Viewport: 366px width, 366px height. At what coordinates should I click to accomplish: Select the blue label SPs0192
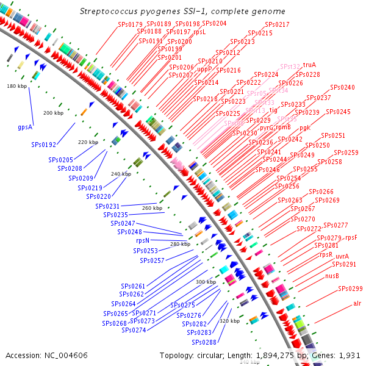point(44,145)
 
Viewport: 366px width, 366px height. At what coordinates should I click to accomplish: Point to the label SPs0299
point(350,289)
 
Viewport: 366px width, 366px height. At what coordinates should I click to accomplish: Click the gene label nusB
point(332,276)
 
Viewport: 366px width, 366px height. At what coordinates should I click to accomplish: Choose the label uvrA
point(342,256)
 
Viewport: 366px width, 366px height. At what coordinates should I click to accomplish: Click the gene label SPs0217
point(277,24)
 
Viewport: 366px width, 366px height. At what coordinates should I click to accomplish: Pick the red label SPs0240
point(342,87)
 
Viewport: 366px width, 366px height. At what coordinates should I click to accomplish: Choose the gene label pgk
point(305,128)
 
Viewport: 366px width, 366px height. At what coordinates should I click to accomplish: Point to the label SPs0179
point(129,24)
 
